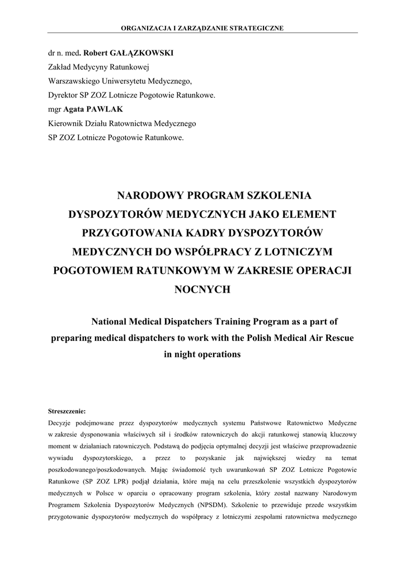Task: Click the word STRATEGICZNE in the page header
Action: [x=257, y=27]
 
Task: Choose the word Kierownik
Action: [x=67, y=123]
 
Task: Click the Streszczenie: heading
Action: [x=67, y=410]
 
